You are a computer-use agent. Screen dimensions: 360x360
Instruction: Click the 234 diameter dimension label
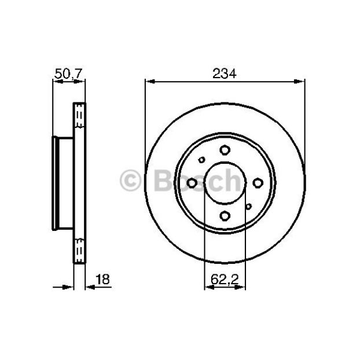225,74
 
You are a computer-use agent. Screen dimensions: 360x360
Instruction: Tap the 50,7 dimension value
68,74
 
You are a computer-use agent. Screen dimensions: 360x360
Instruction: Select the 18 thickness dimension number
102,279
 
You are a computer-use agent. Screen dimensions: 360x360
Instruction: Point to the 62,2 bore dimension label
225,280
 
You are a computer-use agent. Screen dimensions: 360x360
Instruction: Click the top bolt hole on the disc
225,150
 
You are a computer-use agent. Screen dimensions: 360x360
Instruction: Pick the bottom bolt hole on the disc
225,216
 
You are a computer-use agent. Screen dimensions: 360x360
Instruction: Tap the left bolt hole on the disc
192,183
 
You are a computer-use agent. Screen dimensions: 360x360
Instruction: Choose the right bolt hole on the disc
258,183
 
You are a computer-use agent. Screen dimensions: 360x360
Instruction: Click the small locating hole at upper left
201,160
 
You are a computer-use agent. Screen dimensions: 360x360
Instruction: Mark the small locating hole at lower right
248,207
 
